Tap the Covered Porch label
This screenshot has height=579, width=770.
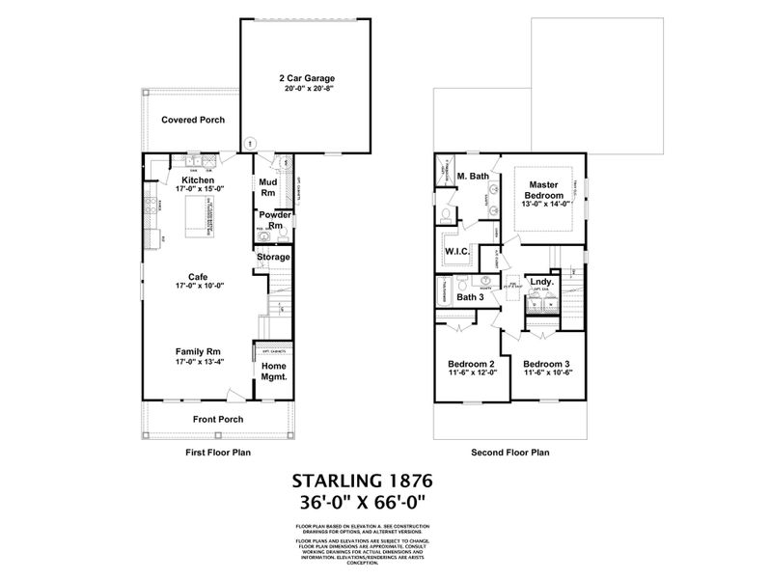(x=193, y=121)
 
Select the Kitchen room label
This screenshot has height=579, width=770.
(x=197, y=180)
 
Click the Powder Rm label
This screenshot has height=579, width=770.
(x=268, y=219)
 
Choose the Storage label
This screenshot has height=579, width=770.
(x=272, y=258)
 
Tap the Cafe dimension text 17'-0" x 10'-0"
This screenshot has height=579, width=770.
(x=197, y=287)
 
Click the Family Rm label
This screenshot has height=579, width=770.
(x=197, y=351)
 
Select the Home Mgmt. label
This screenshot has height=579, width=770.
(x=273, y=372)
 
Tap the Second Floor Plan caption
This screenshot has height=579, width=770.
(x=509, y=452)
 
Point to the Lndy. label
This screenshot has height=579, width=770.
(x=541, y=282)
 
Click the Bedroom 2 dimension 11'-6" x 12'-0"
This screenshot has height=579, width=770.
(x=471, y=373)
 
